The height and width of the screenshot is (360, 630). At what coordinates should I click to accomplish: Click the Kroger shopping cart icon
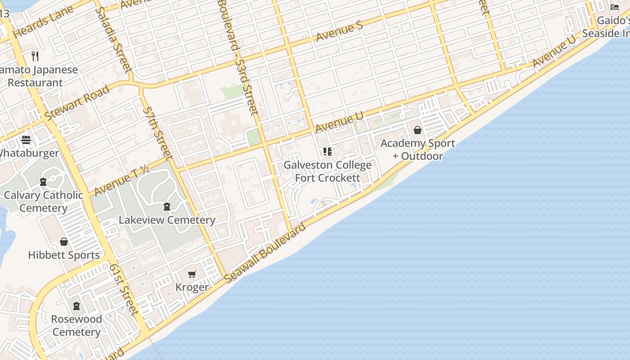(x=192, y=274)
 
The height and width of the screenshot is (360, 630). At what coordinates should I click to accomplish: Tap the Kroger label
(x=192, y=287)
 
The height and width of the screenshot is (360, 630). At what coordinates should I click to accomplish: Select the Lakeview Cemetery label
(x=167, y=220)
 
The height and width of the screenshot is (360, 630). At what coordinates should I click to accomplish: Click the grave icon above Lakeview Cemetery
(x=167, y=207)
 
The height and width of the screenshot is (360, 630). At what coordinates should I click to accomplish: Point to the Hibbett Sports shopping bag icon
(x=64, y=242)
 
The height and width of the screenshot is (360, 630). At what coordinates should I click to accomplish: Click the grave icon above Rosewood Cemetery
(x=76, y=306)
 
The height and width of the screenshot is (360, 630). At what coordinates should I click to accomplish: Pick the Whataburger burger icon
(x=26, y=140)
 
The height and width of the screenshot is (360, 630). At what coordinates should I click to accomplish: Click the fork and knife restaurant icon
(x=35, y=56)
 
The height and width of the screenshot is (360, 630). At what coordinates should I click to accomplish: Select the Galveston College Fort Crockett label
(x=328, y=171)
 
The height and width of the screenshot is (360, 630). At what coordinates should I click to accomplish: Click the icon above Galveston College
(x=328, y=152)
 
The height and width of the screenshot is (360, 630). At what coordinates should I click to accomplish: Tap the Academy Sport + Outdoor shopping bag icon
(x=418, y=130)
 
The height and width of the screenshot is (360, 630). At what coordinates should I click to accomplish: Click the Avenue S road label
(x=339, y=31)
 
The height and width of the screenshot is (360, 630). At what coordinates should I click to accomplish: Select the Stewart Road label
(x=77, y=103)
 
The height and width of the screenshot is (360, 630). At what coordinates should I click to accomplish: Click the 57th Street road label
(x=157, y=133)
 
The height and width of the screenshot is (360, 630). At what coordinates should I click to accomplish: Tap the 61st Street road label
(x=123, y=288)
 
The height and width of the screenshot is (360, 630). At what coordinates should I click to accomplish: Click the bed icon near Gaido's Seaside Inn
(x=615, y=7)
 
